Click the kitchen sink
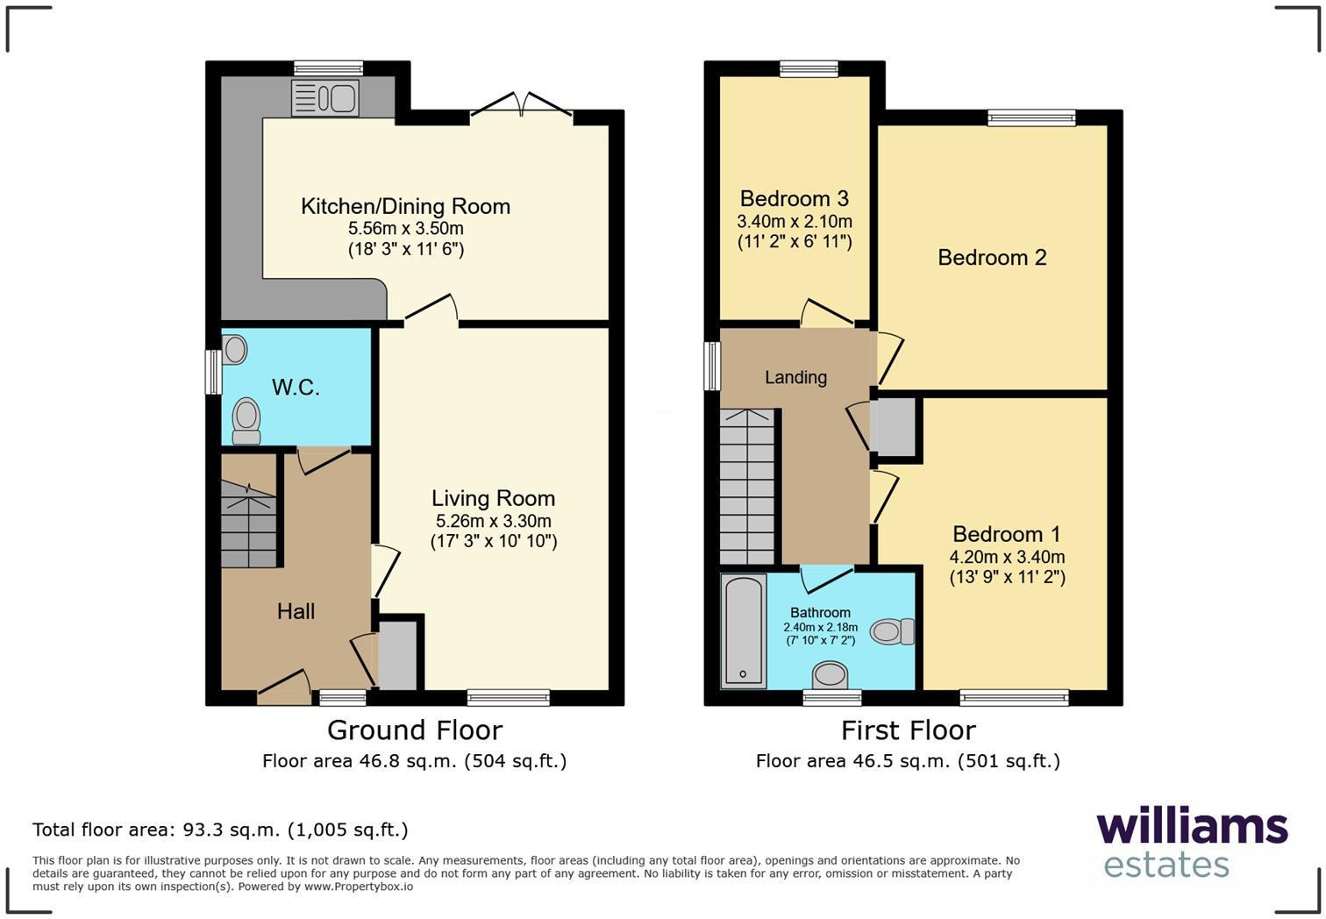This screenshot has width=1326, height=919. click(x=324, y=98)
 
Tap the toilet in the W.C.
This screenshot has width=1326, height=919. click(x=246, y=420)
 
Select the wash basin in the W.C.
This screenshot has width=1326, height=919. click(x=234, y=350)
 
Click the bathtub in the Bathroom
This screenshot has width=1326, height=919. click(x=743, y=630)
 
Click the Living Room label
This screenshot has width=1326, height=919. click(x=493, y=498)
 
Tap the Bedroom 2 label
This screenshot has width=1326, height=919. click(x=992, y=258)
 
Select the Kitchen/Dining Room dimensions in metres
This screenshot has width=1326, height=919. click(x=405, y=229)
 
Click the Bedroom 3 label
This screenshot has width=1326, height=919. click(x=794, y=199)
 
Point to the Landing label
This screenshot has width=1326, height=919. click(x=795, y=378)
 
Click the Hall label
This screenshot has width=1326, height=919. click(x=296, y=612)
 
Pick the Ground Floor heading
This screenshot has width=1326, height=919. click(x=414, y=730)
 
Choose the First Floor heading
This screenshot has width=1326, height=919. click(x=908, y=730)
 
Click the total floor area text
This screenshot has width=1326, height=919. click(x=220, y=830)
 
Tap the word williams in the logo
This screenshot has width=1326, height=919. click(x=1191, y=827)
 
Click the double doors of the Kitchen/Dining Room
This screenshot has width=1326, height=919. click(x=522, y=105)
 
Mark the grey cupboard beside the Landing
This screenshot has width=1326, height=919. click(x=895, y=427)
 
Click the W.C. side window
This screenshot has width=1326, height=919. click(x=211, y=372)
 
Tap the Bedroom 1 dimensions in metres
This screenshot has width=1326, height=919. click(x=1007, y=557)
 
